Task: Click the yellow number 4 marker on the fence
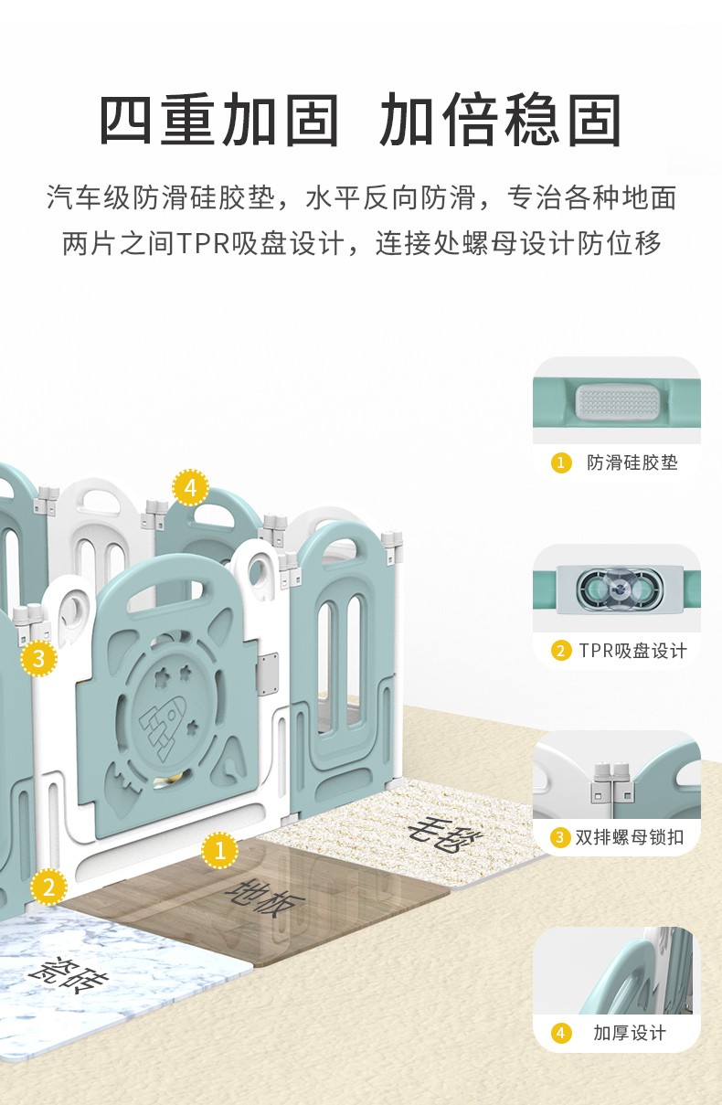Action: pyautogui.click(x=190, y=488)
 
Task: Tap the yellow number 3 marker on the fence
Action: pyautogui.click(x=39, y=658)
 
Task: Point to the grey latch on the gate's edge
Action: pyautogui.click(x=267, y=674)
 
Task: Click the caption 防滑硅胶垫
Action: pyautogui.click(x=632, y=462)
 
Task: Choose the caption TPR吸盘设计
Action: pyautogui.click(x=632, y=651)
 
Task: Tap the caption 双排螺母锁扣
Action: pyautogui.click(x=630, y=837)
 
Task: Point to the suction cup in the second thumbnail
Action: pyautogui.click(x=619, y=588)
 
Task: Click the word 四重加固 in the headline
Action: pyautogui.click(x=219, y=120)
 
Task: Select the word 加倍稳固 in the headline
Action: pyautogui.click(x=500, y=120)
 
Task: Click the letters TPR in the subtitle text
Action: pyautogui.click(x=203, y=243)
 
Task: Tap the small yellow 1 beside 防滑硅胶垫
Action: pyautogui.click(x=561, y=462)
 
